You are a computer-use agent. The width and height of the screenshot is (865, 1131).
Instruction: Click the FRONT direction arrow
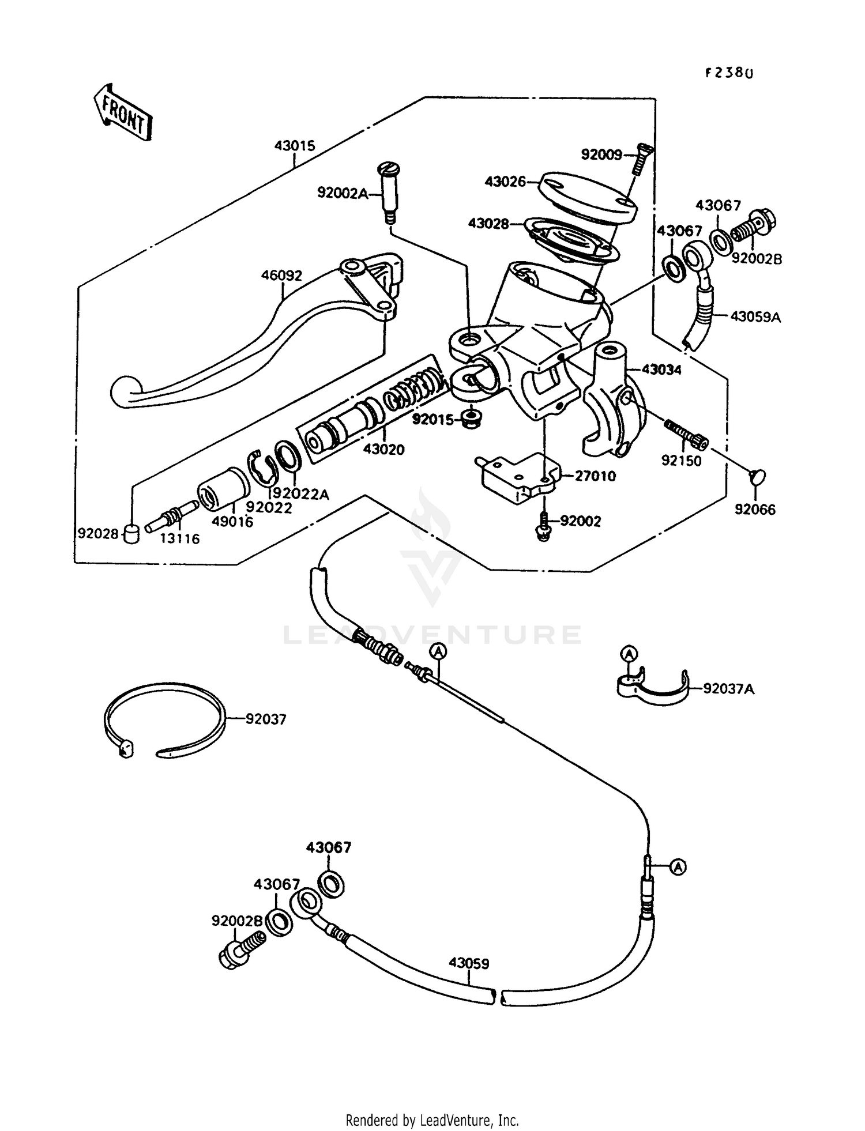122,112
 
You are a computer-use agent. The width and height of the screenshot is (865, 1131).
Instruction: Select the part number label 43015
295,146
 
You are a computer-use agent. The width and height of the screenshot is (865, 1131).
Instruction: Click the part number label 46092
281,276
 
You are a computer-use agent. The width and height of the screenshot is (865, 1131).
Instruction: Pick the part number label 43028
488,223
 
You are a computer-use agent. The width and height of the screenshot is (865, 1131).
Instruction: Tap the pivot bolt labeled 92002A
387,193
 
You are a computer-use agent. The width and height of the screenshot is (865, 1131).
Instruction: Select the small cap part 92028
133,533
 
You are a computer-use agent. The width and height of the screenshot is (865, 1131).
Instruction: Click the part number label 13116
181,539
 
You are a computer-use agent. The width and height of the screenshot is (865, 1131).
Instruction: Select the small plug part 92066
755,476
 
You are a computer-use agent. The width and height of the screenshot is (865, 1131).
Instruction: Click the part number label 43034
661,370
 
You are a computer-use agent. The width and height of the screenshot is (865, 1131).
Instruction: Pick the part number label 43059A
755,316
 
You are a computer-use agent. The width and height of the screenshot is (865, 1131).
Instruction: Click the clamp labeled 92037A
652,688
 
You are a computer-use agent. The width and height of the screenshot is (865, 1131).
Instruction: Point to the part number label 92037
266,719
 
